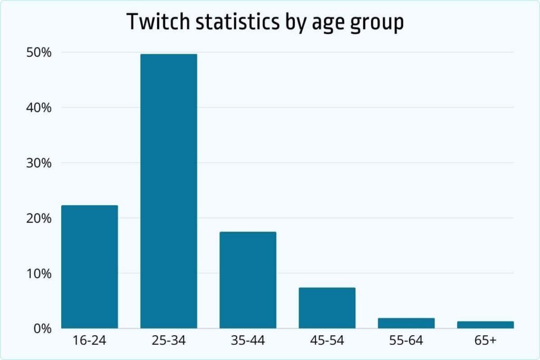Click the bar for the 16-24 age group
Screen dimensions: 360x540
(x=90, y=267)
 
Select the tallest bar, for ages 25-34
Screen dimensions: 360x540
(x=169, y=191)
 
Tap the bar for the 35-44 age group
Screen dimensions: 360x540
(x=248, y=280)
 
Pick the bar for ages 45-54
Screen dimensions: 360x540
(x=327, y=308)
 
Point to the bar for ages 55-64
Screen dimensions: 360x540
(x=406, y=323)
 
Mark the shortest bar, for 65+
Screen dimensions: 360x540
(x=485, y=325)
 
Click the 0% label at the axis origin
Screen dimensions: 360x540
(x=43, y=328)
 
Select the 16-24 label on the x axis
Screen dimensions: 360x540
(x=90, y=341)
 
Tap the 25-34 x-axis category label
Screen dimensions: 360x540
(x=169, y=341)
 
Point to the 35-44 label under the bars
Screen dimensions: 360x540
(x=248, y=341)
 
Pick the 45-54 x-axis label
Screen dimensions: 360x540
(x=327, y=341)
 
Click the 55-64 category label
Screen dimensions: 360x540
(x=406, y=341)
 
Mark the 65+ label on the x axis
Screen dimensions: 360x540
(x=485, y=341)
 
